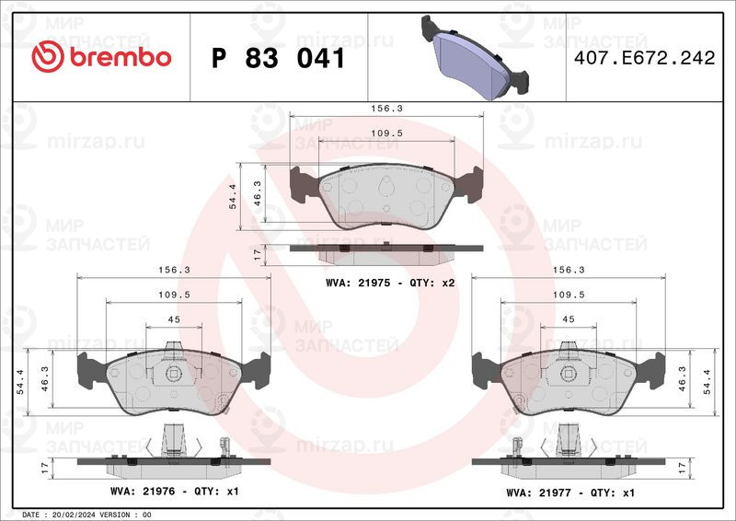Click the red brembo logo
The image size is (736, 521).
[101, 56]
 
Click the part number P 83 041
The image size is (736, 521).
[279, 58]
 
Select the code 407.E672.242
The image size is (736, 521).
[645, 58]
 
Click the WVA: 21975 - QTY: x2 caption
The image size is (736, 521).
[390, 283]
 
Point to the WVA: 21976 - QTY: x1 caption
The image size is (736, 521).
[175, 492]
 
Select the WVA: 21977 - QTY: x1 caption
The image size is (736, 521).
[570, 492]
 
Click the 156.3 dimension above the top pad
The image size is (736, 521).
[386, 108]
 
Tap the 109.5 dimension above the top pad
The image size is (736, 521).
[386, 133]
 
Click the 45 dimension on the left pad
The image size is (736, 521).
[174, 319]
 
